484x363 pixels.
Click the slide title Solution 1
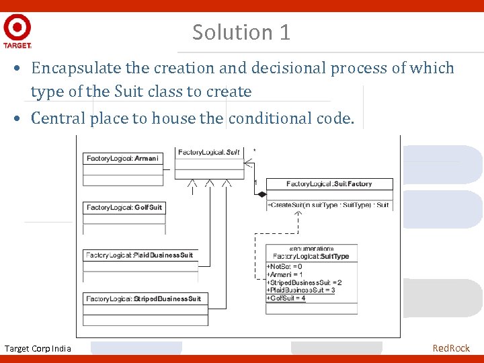click(241, 32)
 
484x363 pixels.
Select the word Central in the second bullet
click(56, 118)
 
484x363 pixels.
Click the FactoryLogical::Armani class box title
click(123, 159)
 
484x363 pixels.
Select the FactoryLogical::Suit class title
click(209, 153)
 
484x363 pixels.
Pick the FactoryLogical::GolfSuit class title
click(124, 208)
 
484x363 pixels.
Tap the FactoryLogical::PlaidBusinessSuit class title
click(140, 255)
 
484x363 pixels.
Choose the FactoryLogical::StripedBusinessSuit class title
click(143, 298)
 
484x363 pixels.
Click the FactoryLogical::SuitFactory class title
click(329, 184)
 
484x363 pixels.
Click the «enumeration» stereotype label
click(311, 249)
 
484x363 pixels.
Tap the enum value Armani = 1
click(285, 274)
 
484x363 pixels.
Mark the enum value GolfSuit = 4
click(286, 298)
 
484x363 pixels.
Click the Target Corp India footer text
click(38, 348)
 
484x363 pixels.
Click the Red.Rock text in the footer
click(451, 348)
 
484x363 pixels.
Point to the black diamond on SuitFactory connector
click(262, 194)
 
